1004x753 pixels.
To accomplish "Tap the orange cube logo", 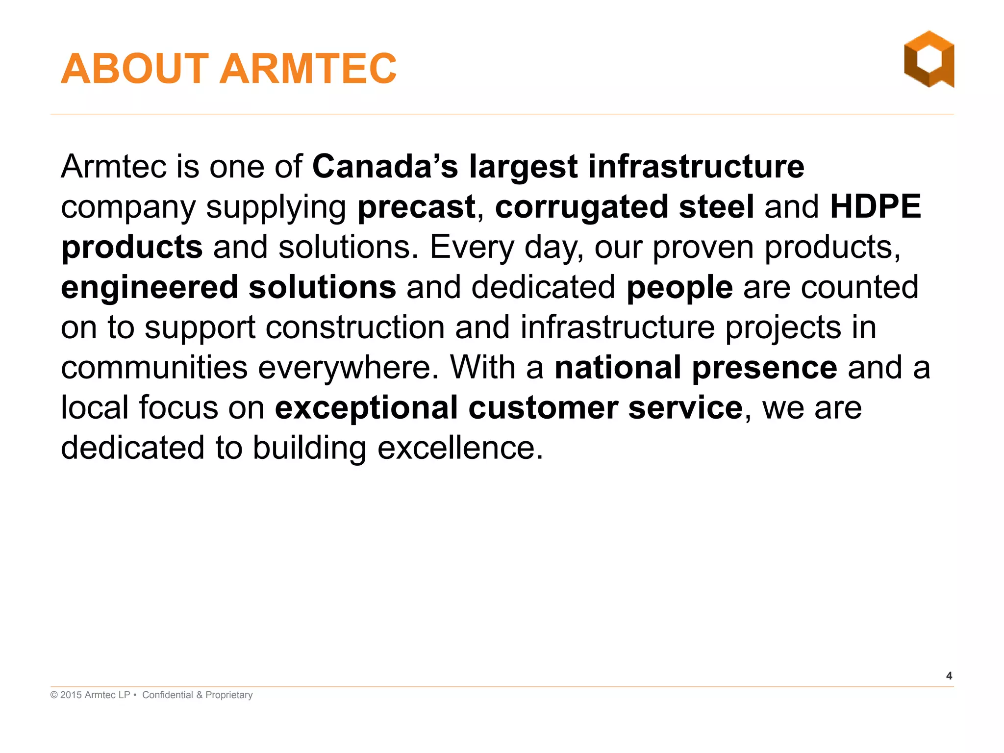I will [x=929, y=60].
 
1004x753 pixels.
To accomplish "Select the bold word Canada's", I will [x=385, y=167].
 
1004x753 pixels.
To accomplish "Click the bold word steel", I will [x=716, y=207].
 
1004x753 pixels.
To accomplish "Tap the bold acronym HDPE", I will [x=875, y=207].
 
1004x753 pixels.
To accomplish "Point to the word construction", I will [x=355, y=327].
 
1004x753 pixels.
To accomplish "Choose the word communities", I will [x=154, y=368].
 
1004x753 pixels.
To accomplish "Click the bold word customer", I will [x=543, y=408].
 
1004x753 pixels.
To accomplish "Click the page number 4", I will [x=949, y=676].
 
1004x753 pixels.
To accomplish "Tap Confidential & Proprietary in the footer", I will [x=197, y=695].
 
